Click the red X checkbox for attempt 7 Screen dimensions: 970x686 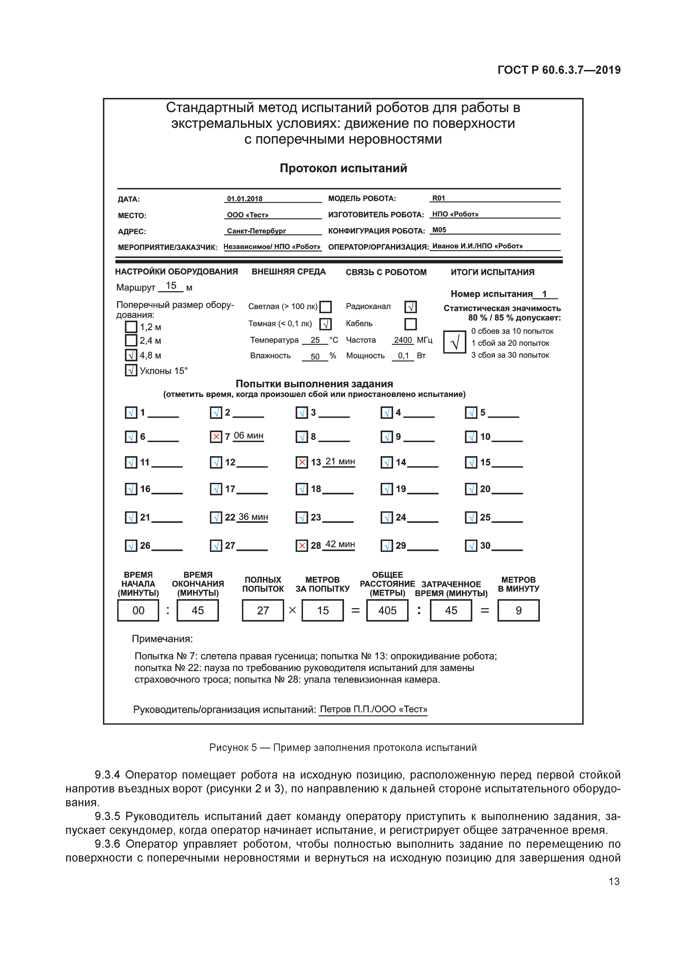pyautogui.click(x=216, y=436)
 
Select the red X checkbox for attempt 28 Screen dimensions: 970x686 pyautogui.click(x=302, y=545)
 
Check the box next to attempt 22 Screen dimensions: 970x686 pyautogui.click(x=216, y=517)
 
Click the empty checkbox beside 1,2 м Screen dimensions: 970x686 pyautogui.click(x=131, y=327)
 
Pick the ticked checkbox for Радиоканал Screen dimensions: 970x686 pyautogui.click(x=410, y=307)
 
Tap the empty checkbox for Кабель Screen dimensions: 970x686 pyautogui.click(x=410, y=324)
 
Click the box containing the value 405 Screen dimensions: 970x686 pyautogui.click(x=387, y=610)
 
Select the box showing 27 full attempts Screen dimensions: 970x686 pyautogui.click(x=263, y=610)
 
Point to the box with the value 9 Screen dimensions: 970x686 pyautogui.click(x=518, y=610)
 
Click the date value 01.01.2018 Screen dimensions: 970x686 pyautogui.click(x=245, y=199)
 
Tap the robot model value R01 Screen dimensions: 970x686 pyautogui.click(x=439, y=198)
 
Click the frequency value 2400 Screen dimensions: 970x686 pyautogui.click(x=403, y=340)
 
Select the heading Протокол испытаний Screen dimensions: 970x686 pyautogui.click(x=343, y=168)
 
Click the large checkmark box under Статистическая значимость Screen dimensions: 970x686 pyautogui.click(x=455, y=342)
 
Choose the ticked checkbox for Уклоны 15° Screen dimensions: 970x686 pyautogui.click(x=131, y=371)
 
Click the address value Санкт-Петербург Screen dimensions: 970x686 pyautogui.click(x=257, y=231)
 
